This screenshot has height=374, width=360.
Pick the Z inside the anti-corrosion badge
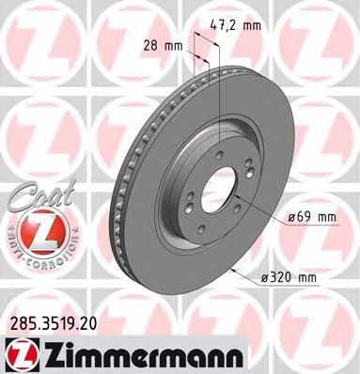coord(36,230)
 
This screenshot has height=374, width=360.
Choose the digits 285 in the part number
coord(20,321)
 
